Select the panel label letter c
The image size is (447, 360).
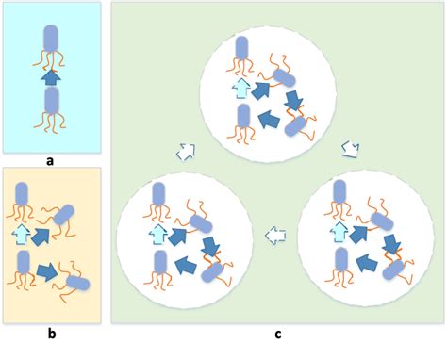pos(276,334)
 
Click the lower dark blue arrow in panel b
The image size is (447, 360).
pos(47,273)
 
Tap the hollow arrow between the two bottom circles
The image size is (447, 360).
pos(275,235)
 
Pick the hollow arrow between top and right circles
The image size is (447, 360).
pos(348,149)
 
